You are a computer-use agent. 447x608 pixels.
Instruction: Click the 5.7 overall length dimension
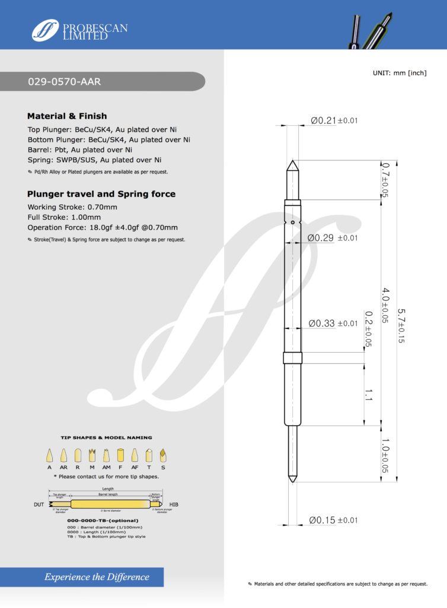click(401, 326)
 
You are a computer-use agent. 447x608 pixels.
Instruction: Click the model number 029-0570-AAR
click(64, 82)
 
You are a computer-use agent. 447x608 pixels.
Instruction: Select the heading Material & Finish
click(67, 116)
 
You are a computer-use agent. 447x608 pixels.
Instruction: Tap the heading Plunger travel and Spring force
click(101, 194)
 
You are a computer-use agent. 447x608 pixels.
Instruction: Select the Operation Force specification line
click(103, 227)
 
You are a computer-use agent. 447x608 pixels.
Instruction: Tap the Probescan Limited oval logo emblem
click(45, 30)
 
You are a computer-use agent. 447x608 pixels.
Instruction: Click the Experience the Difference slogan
click(97, 577)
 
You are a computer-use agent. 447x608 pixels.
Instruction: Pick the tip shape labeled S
click(163, 455)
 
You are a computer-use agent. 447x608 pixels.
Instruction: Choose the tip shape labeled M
click(92, 455)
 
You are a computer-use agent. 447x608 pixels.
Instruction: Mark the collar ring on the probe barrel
click(293, 358)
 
